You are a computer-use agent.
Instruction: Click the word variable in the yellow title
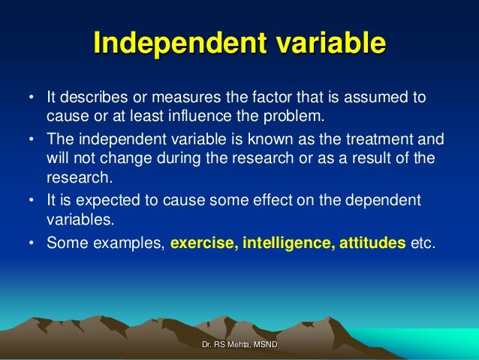[x=324, y=44]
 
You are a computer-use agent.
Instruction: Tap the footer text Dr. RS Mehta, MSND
[x=239, y=343]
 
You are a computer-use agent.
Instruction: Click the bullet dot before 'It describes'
[x=31, y=98]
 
